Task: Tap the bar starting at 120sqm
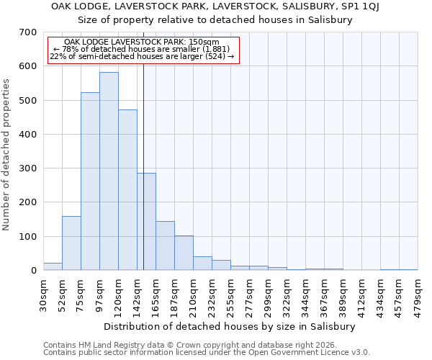pyautogui.click(x=127, y=190)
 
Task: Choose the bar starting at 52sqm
pyautogui.click(x=71, y=243)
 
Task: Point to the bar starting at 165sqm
pyautogui.click(x=165, y=246)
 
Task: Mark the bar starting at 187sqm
pyautogui.click(x=184, y=253)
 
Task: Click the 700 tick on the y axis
pyautogui.click(x=28, y=32)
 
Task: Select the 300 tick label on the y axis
pyautogui.click(x=28, y=168)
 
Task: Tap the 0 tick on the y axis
pyautogui.click(x=33, y=271)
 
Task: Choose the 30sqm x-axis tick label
pyautogui.click(x=44, y=296)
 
